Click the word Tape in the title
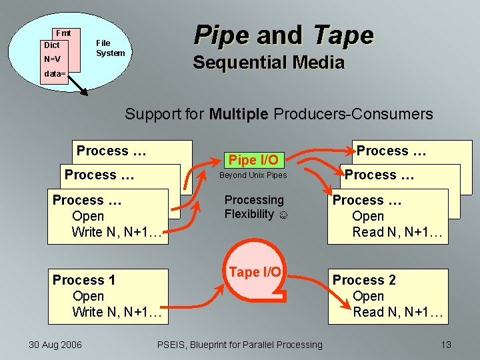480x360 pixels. (343, 35)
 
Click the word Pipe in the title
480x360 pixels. (219, 35)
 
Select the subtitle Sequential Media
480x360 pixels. (268, 63)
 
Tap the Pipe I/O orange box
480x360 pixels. (253, 160)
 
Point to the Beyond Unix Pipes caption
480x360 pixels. (253, 175)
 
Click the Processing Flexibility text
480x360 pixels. (254, 207)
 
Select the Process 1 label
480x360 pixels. (83, 280)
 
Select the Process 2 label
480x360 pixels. (364, 280)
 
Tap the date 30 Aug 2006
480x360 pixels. (55, 344)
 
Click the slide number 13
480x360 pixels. (446, 344)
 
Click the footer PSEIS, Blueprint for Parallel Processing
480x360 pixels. (239, 344)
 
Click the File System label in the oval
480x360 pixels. (110, 48)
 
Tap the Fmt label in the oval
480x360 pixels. (63, 33)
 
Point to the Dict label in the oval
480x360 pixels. (51, 45)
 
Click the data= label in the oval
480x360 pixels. (55, 74)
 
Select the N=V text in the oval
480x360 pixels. (52, 59)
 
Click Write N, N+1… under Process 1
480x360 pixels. (117, 312)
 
